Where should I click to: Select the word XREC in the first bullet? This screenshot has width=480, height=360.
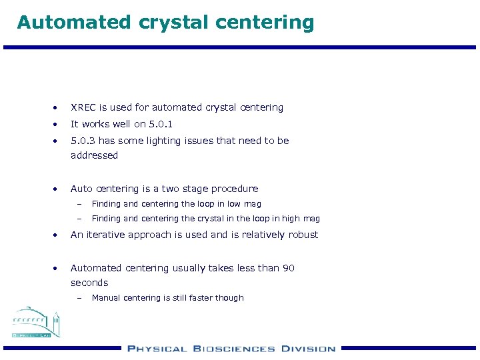pyautogui.click(x=83, y=107)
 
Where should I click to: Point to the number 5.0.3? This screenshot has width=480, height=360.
pyautogui.click(x=83, y=141)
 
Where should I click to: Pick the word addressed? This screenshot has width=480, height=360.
pyautogui.click(x=94, y=155)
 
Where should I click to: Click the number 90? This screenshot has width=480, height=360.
pyautogui.click(x=288, y=268)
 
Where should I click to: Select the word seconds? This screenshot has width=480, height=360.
pyautogui.click(x=89, y=283)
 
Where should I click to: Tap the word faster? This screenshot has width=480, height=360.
pyautogui.click(x=198, y=298)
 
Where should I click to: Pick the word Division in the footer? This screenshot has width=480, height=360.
pyautogui.click(x=308, y=348)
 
